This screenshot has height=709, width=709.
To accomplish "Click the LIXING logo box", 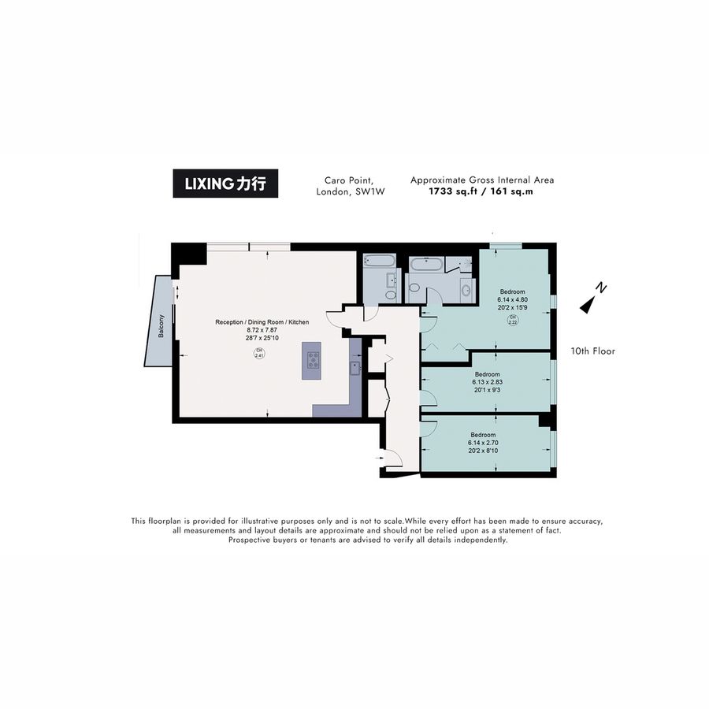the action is pos(225,183).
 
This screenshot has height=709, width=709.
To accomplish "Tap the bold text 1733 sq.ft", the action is pos(451,191).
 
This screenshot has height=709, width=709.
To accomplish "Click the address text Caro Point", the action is pos(349,180).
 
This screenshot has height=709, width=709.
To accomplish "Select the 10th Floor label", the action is pos(592,351).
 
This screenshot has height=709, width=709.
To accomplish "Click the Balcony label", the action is pos(161,326).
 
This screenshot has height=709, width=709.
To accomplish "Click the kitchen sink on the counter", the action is pos(355,368).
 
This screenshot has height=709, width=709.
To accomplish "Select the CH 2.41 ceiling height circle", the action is pos(259,353).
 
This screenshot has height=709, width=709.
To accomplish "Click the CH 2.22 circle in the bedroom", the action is pos(512,320).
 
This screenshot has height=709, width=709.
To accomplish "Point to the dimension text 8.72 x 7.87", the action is pos(262,330).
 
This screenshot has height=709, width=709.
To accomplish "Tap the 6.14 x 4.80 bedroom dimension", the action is pos(512,299).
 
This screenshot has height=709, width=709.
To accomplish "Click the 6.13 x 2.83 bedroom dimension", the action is pos(487,382).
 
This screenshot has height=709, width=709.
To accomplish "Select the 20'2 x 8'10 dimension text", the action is pos(483,451).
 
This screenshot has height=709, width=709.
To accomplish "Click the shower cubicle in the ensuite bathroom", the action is pos(459,264).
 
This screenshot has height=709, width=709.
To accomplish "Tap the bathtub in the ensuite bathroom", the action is pos(426,264).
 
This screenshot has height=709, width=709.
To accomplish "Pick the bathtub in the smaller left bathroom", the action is pos(379,261).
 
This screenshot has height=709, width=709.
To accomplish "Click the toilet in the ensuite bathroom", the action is pos(414,288).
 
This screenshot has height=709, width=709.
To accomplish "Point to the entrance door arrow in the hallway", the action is pos(379,458).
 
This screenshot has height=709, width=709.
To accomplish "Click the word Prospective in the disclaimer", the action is pos(249,540).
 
